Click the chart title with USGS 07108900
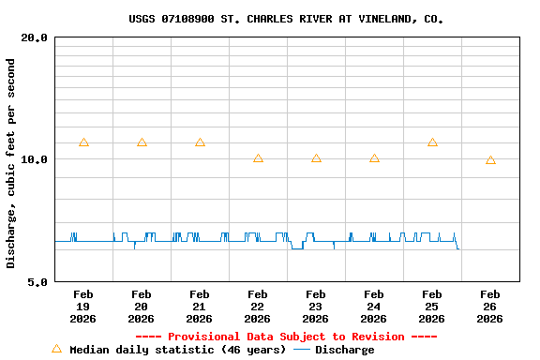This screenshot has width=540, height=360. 286,19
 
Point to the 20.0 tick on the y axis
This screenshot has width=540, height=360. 35,37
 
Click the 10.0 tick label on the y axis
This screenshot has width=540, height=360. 35,159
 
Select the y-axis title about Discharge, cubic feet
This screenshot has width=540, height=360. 11,163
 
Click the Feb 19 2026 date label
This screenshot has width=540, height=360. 83,307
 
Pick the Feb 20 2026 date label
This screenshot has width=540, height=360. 142,307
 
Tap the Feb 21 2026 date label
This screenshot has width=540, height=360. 200,307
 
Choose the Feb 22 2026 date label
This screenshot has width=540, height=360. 258,307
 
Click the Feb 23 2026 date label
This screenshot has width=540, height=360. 316,307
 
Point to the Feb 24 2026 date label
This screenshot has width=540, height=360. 374,307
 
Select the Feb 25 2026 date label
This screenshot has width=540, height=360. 432,307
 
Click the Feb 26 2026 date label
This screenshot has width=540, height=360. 490,307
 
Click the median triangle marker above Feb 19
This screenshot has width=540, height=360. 83,142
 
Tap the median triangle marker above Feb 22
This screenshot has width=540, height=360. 258,158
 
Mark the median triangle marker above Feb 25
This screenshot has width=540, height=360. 432,142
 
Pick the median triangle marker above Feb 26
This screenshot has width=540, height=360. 490,160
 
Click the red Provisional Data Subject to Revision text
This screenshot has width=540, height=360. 286,337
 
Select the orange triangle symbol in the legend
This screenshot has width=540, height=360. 56,349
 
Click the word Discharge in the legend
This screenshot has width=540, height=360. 344,350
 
